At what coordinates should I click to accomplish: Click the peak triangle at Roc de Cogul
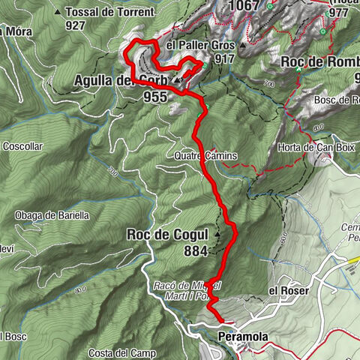217,233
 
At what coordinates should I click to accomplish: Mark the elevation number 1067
245,6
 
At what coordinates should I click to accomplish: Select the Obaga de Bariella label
52,215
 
